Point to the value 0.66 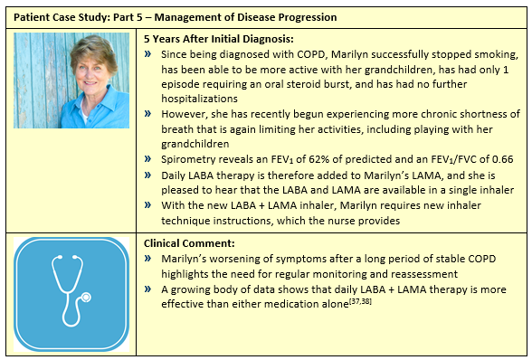[x=496, y=157]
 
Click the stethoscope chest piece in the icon [x=87, y=298]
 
